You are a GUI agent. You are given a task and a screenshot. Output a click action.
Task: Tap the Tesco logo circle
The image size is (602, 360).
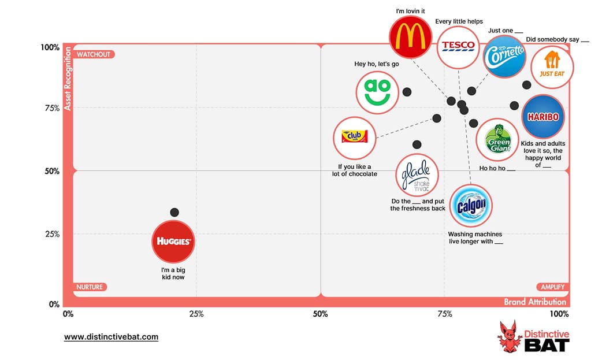pyautogui.click(x=458, y=46)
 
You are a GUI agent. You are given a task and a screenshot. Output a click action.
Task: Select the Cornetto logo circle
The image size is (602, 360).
pyautogui.click(x=504, y=56)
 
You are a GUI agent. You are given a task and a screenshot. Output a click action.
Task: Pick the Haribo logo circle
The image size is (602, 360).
pyautogui.click(x=543, y=117)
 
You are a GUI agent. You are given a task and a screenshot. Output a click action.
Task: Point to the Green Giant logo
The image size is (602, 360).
pyautogui.click(x=497, y=139)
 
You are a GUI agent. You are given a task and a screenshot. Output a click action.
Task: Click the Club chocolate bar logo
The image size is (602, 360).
pyautogui.click(x=354, y=137)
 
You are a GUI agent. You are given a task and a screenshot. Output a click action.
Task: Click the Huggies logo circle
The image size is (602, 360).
pyautogui.click(x=173, y=241)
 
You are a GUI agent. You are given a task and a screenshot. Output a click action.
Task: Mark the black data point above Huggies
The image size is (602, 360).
pyautogui.click(x=174, y=213)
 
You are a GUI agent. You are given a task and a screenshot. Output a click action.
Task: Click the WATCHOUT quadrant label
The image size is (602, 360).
pyautogui.click(x=93, y=54)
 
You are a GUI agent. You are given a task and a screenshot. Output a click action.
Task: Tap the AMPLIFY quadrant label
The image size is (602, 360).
pyautogui.click(x=552, y=287)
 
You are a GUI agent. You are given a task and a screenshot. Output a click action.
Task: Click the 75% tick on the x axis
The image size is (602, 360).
pyautogui.click(x=445, y=314)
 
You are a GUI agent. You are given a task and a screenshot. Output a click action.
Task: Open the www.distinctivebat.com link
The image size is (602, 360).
pyautogui.click(x=111, y=337)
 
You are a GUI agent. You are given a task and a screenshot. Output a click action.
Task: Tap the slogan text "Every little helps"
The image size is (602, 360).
pyautogui.click(x=459, y=22)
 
